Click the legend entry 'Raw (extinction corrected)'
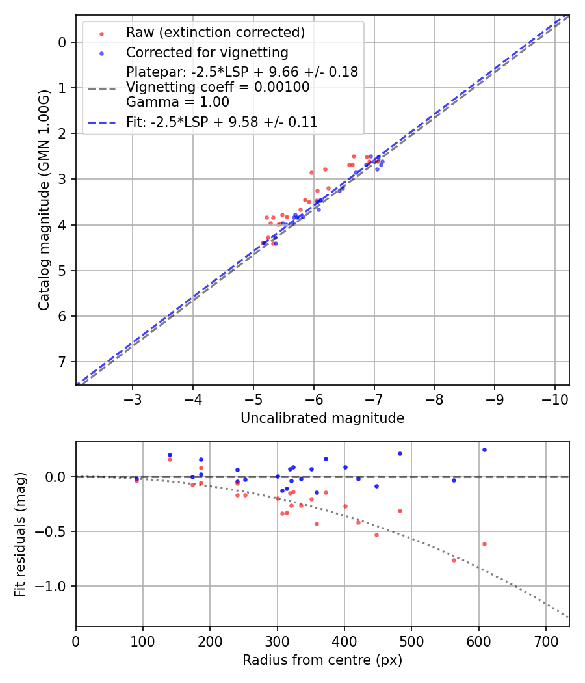pyautogui.click(x=215, y=33)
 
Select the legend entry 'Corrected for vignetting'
pyautogui.click(x=207, y=52)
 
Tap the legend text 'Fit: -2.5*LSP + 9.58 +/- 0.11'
pyautogui.click(x=222, y=122)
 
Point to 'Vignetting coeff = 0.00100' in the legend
pyautogui.click(x=218, y=87)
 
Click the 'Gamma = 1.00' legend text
pyautogui.click(x=177, y=102)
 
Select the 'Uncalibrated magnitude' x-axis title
pyautogui.click(x=322, y=418)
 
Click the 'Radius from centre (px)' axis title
pyautogui.click(x=322, y=660)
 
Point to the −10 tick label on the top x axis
pyautogui.click(x=554, y=398)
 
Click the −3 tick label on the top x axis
pyautogui.click(x=133, y=398)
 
